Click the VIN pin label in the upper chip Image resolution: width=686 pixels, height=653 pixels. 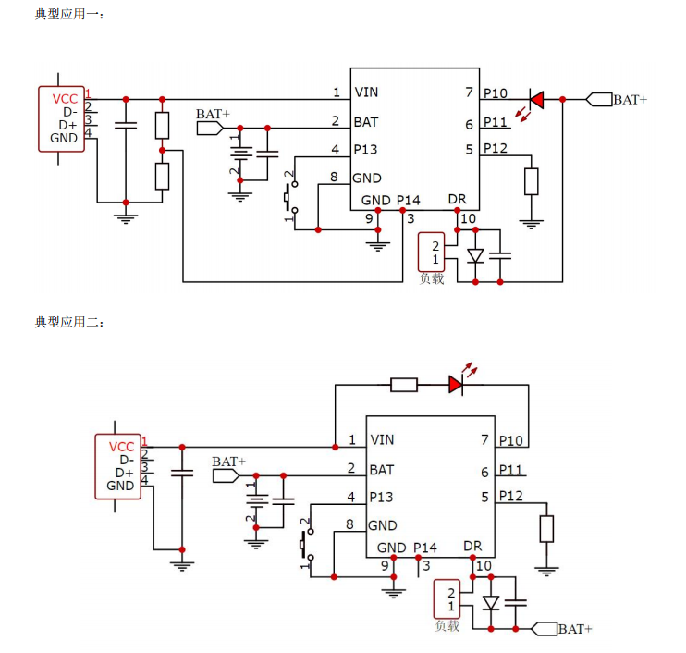click(x=366, y=92)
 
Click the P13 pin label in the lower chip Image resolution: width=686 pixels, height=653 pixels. click(x=381, y=498)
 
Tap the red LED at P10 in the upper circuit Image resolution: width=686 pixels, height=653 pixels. click(x=535, y=99)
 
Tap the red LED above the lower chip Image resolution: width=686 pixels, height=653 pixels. click(x=456, y=384)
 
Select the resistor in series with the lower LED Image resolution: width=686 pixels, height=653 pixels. click(x=404, y=384)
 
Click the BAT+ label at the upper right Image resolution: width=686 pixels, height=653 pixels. click(x=631, y=100)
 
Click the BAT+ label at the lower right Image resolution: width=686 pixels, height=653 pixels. click(x=575, y=629)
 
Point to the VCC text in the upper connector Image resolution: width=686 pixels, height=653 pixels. click(x=66, y=99)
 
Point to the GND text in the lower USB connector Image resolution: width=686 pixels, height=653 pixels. click(x=120, y=486)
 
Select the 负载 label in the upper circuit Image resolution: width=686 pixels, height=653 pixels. click(x=432, y=278)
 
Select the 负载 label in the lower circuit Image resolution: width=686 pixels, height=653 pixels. click(x=447, y=626)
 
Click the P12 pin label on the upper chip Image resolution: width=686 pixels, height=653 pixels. click(x=496, y=149)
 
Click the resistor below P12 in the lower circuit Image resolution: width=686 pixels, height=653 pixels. click(x=546, y=529)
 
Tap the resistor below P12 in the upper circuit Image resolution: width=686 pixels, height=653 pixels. click(x=531, y=181)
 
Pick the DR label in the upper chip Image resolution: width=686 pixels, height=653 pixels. click(x=458, y=200)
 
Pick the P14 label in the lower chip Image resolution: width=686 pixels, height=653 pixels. click(x=425, y=548)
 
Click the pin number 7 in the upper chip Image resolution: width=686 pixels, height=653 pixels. click(x=469, y=92)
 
